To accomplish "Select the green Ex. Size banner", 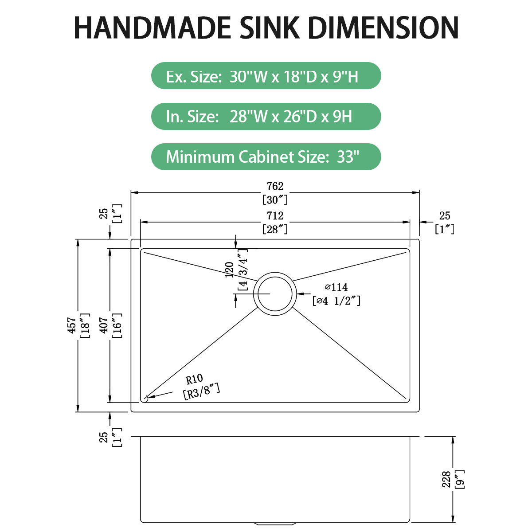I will point(266,76).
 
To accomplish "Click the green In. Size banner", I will point(266,116).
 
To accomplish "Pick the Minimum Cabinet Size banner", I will point(266,156).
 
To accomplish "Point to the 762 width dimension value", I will point(275,187).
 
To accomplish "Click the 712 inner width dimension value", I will point(275,216).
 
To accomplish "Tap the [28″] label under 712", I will point(275,229).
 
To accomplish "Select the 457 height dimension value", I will point(71,325).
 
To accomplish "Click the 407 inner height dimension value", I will point(104,325).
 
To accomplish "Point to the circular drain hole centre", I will point(275,293).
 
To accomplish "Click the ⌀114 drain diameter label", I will point(336,287).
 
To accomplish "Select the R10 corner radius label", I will point(194,379).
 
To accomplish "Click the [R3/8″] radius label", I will point(201,392).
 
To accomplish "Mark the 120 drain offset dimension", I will point(230,270).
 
